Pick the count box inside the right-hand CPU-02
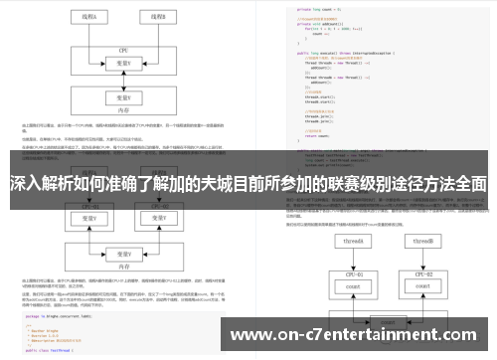tap(423, 287)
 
